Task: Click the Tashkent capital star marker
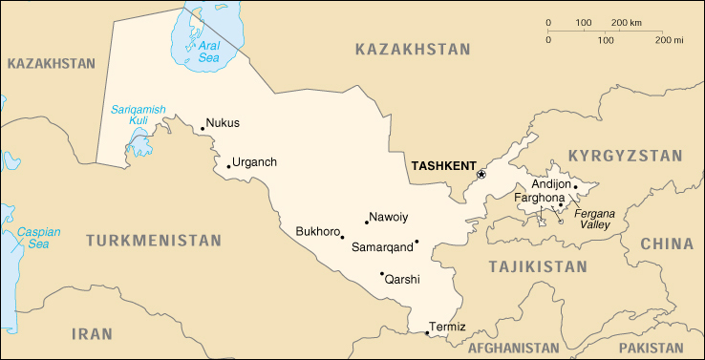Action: pyautogui.click(x=481, y=175)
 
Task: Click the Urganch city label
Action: pyautogui.click(x=254, y=162)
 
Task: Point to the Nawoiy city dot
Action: pyautogui.click(x=367, y=222)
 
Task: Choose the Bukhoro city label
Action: pyautogui.click(x=318, y=231)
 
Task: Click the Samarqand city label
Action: pyautogui.click(x=382, y=247)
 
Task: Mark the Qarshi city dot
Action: pyautogui.click(x=382, y=273)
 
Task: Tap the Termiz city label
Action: pyautogui.click(x=448, y=328)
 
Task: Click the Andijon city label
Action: pyautogui.click(x=550, y=184)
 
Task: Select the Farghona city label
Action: pyautogui.click(x=540, y=199)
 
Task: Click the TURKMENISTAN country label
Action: pyautogui.click(x=153, y=242)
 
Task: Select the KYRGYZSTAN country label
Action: pyautogui.click(x=625, y=156)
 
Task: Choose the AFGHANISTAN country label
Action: pyautogui.click(x=514, y=348)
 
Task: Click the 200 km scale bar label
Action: pyautogui.click(x=627, y=22)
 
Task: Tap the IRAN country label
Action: pyautogui.click(x=93, y=333)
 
